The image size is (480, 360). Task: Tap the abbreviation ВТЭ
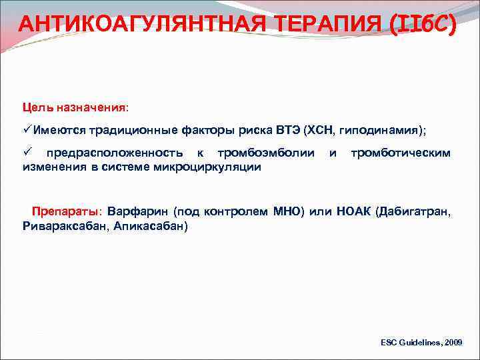286,129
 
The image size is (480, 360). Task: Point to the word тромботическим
401,153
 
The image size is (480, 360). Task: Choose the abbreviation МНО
288,213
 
